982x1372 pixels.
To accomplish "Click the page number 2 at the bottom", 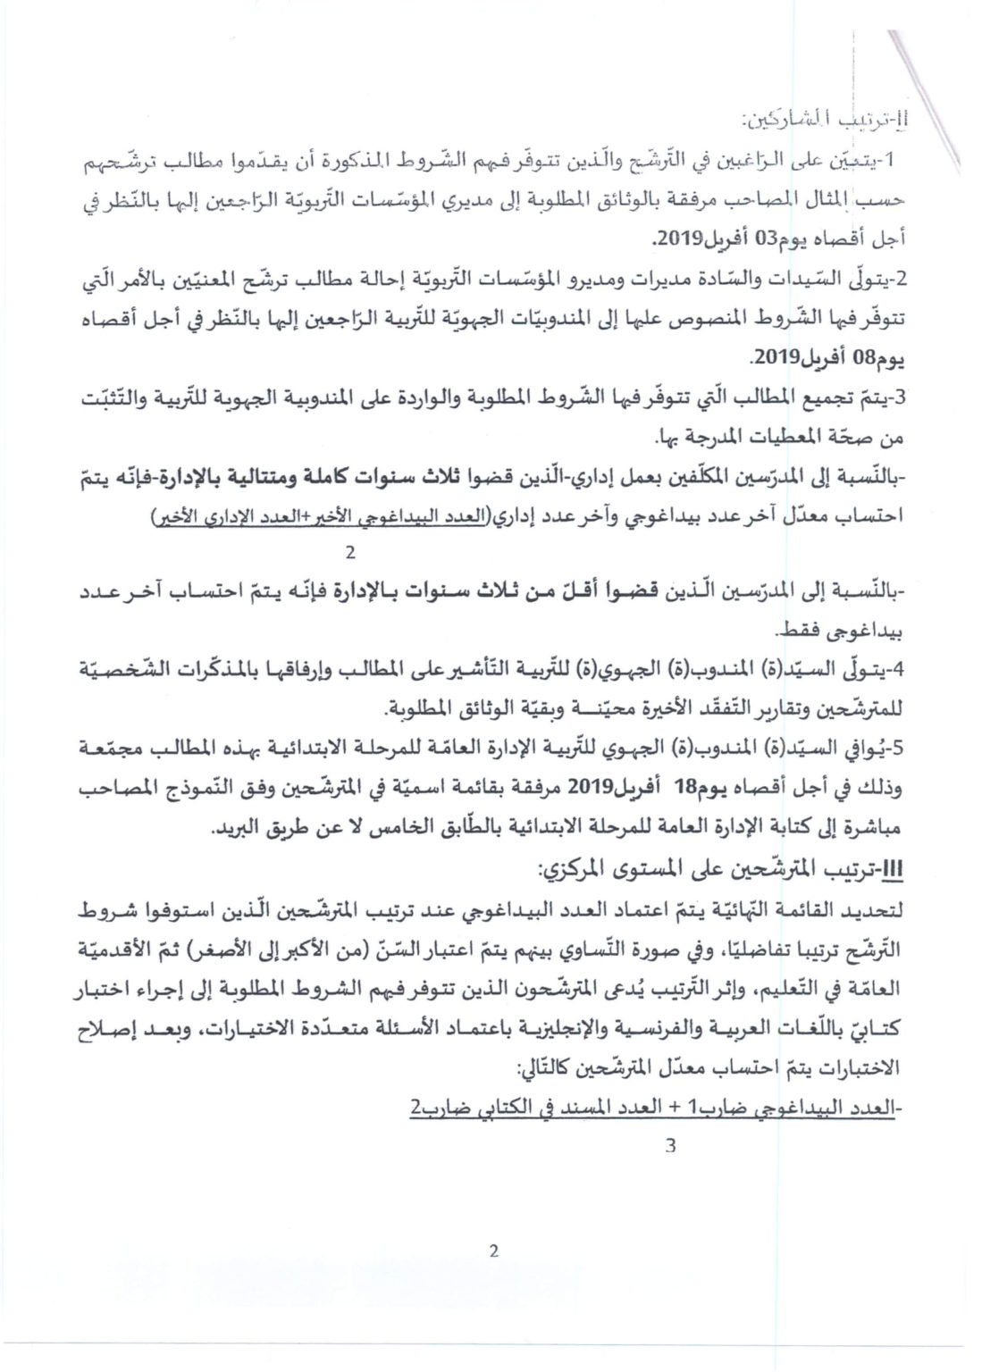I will click(x=492, y=1251).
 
